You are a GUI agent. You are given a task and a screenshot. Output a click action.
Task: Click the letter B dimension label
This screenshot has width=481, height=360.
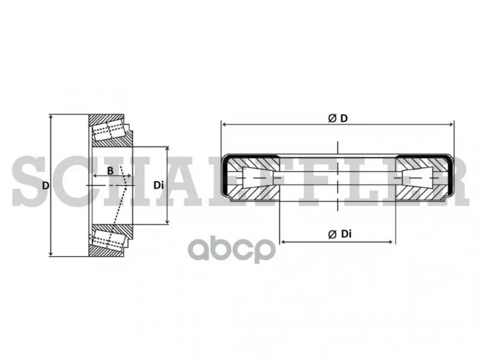110,171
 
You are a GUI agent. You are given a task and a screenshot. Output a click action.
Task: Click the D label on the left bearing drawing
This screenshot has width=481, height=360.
46,186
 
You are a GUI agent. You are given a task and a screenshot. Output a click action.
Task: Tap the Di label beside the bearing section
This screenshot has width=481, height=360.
159,186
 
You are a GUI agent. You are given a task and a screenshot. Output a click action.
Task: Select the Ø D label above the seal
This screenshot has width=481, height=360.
338,118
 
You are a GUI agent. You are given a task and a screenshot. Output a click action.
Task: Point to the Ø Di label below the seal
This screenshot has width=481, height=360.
340,234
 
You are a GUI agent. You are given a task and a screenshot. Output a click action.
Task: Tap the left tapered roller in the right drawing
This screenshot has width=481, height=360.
258,177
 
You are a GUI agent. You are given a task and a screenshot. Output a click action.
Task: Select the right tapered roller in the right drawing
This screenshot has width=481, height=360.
417,177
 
